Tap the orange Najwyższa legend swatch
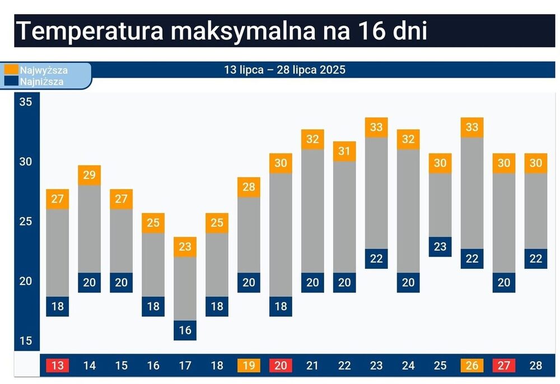[x=11, y=70]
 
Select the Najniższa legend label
[x=42, y=82]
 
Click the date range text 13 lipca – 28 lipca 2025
[x=284, y=70]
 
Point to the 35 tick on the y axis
[x=26, y=102]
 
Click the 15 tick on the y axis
[x=26, y=341]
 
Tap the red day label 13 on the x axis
[x=58, y=366]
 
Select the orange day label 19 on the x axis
[x=249, y=366]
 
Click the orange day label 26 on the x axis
[x=472, y=366]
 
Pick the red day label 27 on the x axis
[x=504, y=366]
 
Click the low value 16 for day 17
[x=185, y=330]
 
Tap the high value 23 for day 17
[x=185, y=247]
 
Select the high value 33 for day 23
[x=376, y=127]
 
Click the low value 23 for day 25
[x=440, y=246]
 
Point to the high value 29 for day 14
[x=90, y=175]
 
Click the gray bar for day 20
[x=281, y=235]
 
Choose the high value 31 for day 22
[x=344, y=151]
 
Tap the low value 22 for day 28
[x=536, y=259]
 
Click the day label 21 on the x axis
[x=312, y=366]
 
